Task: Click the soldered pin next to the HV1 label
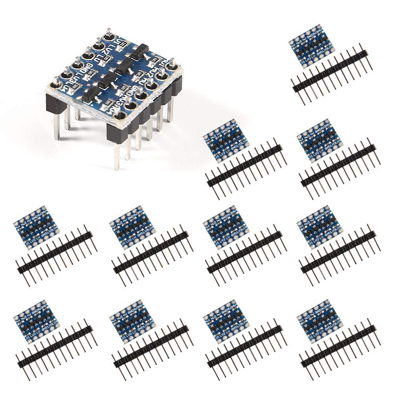[172, 66]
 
